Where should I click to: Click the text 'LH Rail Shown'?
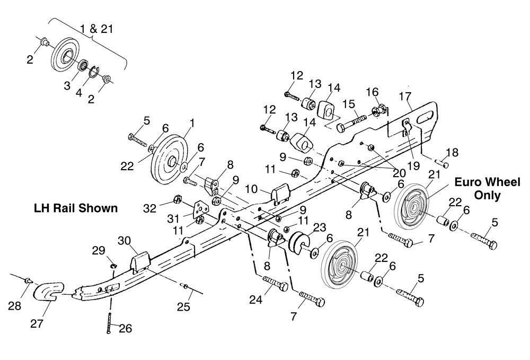[76, 208]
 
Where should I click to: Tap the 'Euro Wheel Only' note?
[487, 189]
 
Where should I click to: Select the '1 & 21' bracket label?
[96, 29]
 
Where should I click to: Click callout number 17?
[405, 96]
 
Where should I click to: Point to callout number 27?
[37, 323]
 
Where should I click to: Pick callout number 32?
[150, 208]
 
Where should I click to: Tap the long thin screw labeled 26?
[109, 323]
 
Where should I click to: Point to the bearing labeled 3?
[83, 65]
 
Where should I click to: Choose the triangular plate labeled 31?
[200, 211]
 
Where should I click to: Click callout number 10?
[251, 189]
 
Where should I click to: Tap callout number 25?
[183, 306]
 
